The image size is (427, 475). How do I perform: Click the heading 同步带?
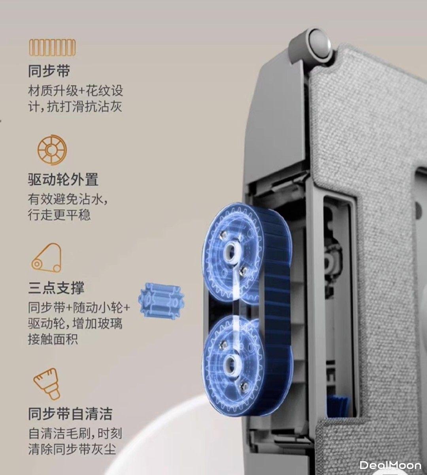click(49, 71)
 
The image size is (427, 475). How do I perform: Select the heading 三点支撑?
click(56, 287)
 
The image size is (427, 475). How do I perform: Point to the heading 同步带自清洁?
click(70, 414)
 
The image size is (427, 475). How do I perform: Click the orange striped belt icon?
click(52, 48)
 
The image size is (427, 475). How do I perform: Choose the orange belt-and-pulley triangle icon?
click(47, 258)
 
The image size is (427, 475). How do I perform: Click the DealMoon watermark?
click(390, 465)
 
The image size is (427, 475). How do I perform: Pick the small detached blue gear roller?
click(161, 300)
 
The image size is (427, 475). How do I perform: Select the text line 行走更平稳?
click(59, 215)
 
